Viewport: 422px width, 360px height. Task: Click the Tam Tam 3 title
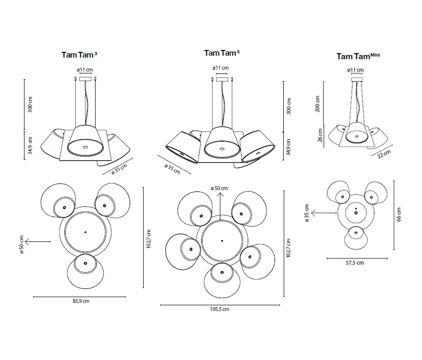(x=79, y=55)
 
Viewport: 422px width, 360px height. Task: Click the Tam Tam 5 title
(x=222, y=53)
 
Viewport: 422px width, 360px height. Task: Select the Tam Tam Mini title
(x=358, y=56)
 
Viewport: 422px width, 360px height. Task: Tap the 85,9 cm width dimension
(x=81, y=301)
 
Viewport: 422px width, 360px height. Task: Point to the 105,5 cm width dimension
(x=219, y=310)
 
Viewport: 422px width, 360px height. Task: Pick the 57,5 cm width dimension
(x=355, y=263)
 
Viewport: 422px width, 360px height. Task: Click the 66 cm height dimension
(x=399, y=215)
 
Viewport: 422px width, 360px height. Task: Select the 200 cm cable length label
(x=317, y=104)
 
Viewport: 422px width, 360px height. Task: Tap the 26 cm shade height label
(x=320, y=135)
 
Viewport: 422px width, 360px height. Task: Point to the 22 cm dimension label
(x=384, y=154)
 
